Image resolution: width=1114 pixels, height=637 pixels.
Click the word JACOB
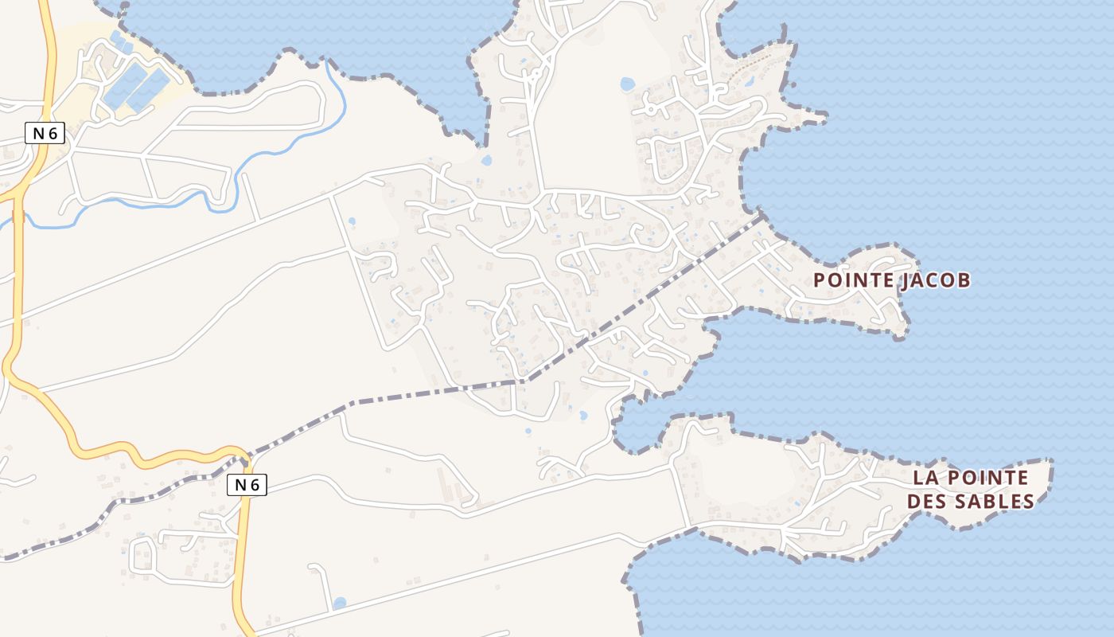(x=937, y=280)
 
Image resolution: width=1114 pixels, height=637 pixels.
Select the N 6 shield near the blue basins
(x=45, y=134)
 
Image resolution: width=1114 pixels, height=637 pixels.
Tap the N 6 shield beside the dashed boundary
(x=247, y=484)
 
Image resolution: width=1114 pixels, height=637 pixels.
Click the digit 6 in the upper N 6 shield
(x=53, y=134)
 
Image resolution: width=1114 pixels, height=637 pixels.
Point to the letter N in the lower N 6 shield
(x=240, y=484)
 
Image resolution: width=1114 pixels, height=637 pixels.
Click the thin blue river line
(x=263, y=151)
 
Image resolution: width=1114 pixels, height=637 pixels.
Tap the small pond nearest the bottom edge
(x=340, y=603)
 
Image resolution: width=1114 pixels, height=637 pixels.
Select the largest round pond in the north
(x=627, y=83)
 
